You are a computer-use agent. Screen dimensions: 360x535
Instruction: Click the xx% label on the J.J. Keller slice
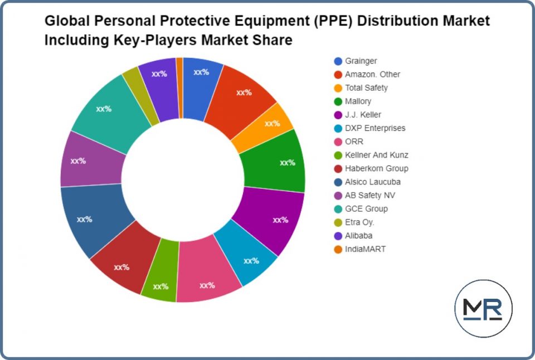[x=280, y=220]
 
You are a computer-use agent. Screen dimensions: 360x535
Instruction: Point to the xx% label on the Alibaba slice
[x=159, y=74]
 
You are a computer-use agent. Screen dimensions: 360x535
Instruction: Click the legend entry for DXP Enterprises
[x=375, y=128]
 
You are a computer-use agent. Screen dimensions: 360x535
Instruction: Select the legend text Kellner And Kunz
[x=376, y=155]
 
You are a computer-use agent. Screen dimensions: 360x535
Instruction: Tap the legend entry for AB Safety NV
[x=370, y=195]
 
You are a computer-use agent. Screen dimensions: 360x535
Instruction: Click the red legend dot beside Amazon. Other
[x=338, y=75]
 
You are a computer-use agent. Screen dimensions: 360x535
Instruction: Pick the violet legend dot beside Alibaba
[x=338, y=236]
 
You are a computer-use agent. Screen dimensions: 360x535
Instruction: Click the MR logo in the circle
[x=483, y=309]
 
